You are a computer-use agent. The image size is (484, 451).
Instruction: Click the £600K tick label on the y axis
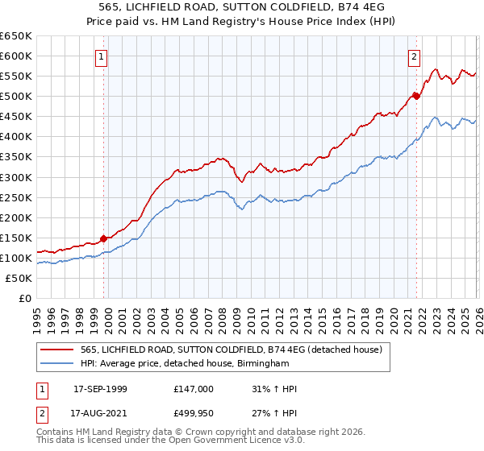tap(16, 56)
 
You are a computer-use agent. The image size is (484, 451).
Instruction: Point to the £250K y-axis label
tap(16, 197)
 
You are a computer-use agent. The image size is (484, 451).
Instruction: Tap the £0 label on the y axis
tap(26, 298)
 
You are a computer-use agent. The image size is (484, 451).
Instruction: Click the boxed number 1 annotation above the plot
tap(102, 57)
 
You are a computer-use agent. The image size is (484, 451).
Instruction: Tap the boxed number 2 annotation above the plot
tap(414, 57)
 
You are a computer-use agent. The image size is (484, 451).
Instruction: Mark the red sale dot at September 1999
tap(104, 238)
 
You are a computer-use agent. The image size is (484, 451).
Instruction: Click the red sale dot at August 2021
tap(416, 96)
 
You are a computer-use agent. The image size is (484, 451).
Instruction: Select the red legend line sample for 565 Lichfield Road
tap(58, 349)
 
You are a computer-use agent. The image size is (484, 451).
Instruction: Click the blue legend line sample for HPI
tap(58, 363)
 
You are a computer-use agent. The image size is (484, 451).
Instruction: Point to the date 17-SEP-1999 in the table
tap(100, 389)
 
